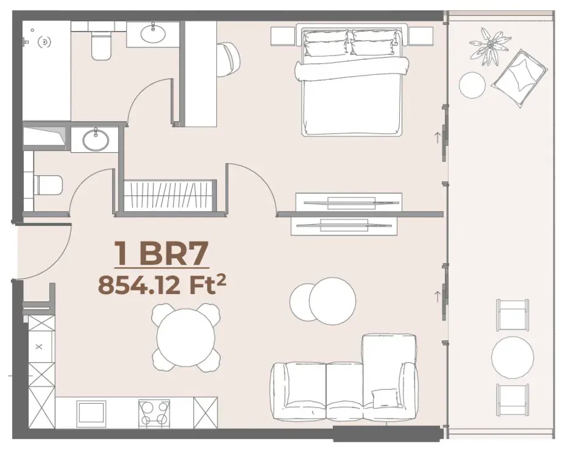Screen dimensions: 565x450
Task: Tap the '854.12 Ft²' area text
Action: (x=162, y=285)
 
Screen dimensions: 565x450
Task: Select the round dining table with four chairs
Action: (x=185, y=337)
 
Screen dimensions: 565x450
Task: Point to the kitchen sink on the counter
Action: (x=91, y=414)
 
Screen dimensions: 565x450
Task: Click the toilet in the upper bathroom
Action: (x=101, y=45)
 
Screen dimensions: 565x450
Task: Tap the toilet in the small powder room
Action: (x=48, y=185)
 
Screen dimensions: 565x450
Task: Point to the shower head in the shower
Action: (x=44, y=42)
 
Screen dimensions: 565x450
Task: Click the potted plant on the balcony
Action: (x=490, y=47)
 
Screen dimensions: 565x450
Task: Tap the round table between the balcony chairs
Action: (x=512, y=358)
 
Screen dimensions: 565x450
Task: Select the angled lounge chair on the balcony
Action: (x=519, y=79)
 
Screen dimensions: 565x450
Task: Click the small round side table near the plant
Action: (x=472, y=85)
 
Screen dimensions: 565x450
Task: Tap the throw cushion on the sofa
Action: (x=384, y=398)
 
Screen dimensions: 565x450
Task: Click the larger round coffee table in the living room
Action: (x=332, y=301)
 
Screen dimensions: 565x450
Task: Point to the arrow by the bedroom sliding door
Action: (x=437, y=138)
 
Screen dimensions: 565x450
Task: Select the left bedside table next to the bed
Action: (x=283, y=36)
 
